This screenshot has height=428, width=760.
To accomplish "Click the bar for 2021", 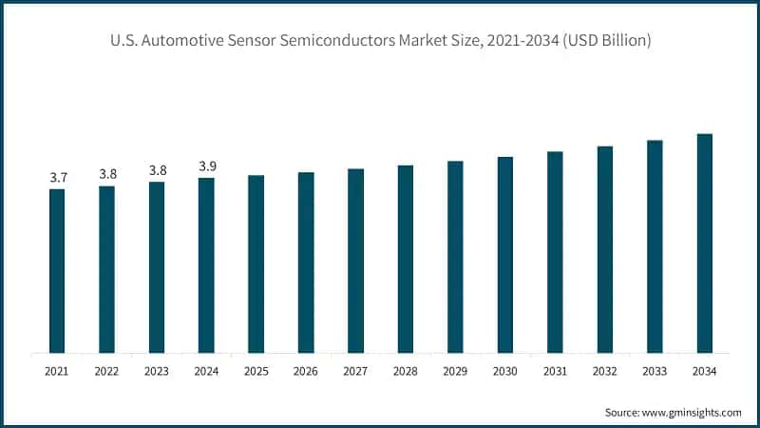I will [x=57, y=271].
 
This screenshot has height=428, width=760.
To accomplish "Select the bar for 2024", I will [x=206, y=265].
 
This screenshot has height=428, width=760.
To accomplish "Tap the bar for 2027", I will [x=355, y=261].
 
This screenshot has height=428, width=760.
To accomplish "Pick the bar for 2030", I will [x=505, y=255].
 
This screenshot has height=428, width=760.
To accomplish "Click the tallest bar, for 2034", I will [x=704, y=243].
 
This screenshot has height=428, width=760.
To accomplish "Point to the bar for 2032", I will [x=604, y=249].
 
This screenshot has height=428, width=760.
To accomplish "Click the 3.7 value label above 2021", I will [x=57, y=178].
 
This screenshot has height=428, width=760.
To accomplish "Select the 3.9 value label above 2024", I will [x=206, y=166].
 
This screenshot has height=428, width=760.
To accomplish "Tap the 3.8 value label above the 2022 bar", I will [x=106, y=174].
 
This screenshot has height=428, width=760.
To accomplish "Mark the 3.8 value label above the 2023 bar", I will [x=157, y=170].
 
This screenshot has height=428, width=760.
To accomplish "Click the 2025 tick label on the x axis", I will [x=256, y=371].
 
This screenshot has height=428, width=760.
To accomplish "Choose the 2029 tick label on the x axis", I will [x=455, y=371].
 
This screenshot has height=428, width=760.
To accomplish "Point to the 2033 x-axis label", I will [x=655, y=371].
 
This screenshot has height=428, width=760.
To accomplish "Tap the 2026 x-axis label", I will [x=306, y=371].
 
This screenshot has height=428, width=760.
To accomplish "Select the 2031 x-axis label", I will [x=555, y=371].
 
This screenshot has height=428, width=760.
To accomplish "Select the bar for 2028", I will [x=406, y=259].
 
